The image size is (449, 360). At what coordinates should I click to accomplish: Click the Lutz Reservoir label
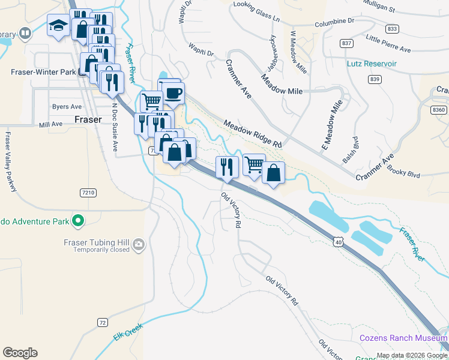(x=372, y=63)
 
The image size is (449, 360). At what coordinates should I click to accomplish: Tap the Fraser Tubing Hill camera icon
(x=139, y=244)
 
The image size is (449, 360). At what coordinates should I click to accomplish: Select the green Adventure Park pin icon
(x=77, y=221)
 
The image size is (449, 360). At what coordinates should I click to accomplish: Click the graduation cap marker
(x=58, y=26)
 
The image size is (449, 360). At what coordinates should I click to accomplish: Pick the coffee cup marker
(x=173, y=93)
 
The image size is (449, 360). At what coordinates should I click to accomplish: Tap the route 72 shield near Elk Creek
(x=103, y=322)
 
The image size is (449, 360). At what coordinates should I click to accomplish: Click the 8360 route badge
(x=439, y=110)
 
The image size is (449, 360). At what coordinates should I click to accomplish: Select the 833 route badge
(x=393, y=29)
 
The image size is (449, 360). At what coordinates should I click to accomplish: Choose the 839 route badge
(x=375, y=79)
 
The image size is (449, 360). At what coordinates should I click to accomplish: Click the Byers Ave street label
(x=67, y=107)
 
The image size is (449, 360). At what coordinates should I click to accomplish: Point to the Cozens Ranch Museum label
(x=403, y=338)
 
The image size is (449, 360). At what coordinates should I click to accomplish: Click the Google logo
(x=20, y=352)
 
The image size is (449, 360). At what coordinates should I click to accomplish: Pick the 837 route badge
(x=346, y=43)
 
